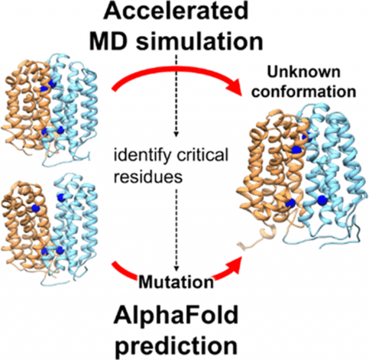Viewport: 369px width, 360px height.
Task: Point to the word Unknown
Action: pos(304,72)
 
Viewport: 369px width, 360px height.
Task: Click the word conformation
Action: pos(304,92)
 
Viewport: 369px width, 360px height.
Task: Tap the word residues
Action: pos(148,176)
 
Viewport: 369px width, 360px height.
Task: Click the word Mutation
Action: pos(176,282)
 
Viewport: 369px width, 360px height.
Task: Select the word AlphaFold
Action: pos(176,315)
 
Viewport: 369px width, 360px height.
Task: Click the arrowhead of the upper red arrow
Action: pos(234,87)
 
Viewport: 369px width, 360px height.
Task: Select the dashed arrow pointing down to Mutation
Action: pos(176,229)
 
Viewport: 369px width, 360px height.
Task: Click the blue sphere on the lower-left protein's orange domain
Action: pos(35,208)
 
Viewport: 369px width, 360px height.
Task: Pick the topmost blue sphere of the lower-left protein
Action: pos(61,197)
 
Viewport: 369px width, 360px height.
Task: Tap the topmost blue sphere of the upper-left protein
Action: pos(52,82)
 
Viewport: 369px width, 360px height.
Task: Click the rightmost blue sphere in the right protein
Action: pos(322,200)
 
